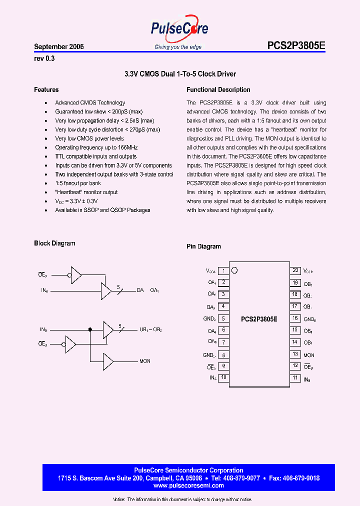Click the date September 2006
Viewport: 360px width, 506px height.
pyautogui.click(x=59, y=46)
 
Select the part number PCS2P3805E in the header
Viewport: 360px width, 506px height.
pyautogui.click(x=296, y=45)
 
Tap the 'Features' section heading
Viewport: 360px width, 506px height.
pyautogui.click(x=46, y=90)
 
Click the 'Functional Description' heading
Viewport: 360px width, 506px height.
pyautogui.click(x=218, y=90)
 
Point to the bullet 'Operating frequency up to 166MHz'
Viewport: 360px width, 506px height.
pyautogui.click(x=96, y=147)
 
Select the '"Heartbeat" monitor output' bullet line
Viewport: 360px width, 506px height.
pyautogui.click(x=86, y=192)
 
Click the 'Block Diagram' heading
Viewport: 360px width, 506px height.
pyautogui.click(x=54, y=243)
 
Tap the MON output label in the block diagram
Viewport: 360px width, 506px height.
pyautogui.click(x=145, y=361)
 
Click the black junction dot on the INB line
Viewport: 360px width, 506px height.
pyautogui.click(x=90, y=329)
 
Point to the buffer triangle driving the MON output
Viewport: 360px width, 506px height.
pyautogui.click(x=107, y=361)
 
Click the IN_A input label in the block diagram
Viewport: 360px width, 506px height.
pyautogui.click(x=44, y=290)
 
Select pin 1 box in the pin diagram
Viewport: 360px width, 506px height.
pyautogui.click(x=223, y=271)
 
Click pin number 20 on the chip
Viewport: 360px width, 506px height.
pyautogui.click(x=295, y=270)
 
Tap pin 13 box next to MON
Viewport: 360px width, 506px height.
pyautogui.click(x=295, y=354)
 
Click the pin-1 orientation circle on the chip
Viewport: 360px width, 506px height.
pyautogui.click(x=234, y=270)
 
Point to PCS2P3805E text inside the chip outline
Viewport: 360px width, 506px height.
pyautogui.click(x=259, y=318)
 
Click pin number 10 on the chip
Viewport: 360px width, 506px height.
pyautogui.click(x=223, y=378)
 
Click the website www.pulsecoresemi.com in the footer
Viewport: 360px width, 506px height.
pyautogui.click(x=180, y=485)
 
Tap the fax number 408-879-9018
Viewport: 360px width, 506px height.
pyautogui.click(x=301, y=478)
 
